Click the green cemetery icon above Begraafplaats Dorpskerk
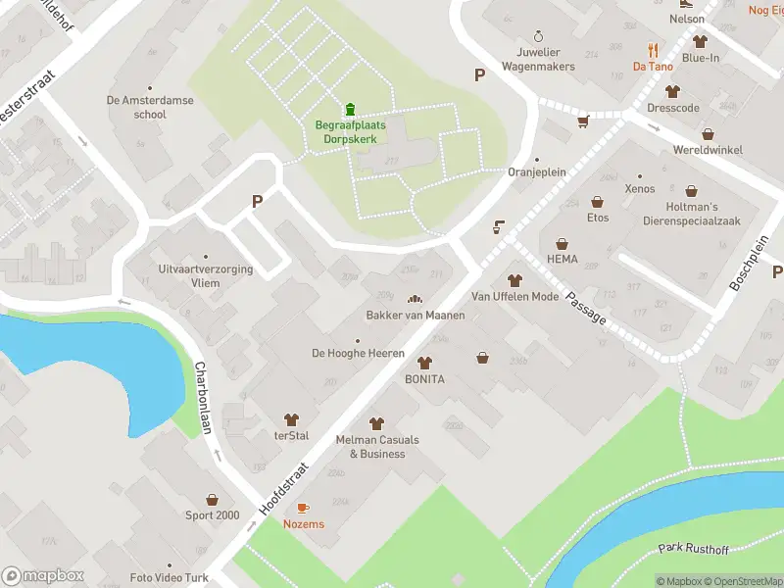click(x=350, y=109)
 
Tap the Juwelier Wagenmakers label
click(x=537, y=60)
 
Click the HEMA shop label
click(x=563, y=260)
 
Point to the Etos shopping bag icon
click(x=597, y=202)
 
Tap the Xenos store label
click(x=639, y=187)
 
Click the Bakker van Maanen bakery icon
click(x=414, y=299)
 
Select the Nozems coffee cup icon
click(x=303, y=508)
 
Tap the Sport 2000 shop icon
click(x=212, y=499)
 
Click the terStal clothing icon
click(x=291, y=419)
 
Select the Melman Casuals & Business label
click(x=376, y=447)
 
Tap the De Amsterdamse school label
click(x=150, y=107)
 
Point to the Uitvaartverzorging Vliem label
click(x=206, y=275)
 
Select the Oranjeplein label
click(x=537, y=172)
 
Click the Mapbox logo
click(x=42, y=576)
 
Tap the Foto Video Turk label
click(x=170, y=578)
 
